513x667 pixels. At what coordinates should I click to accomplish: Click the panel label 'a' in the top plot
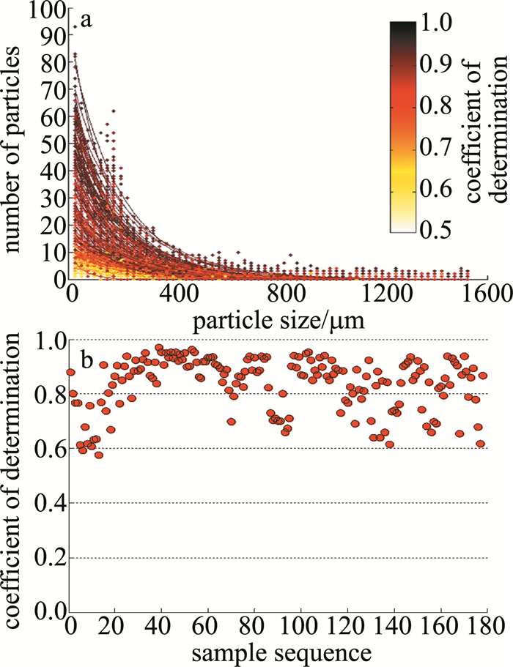click(86, 20)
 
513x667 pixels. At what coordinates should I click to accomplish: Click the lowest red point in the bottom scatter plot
click(99, 455)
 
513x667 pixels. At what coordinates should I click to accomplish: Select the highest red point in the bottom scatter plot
click(159, 348)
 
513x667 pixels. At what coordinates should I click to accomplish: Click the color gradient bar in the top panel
click(403, 126)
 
